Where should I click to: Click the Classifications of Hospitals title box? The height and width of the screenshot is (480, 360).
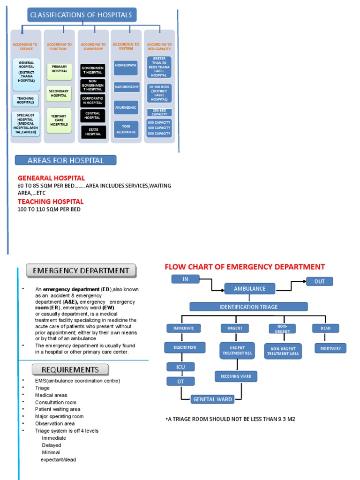[81, 15]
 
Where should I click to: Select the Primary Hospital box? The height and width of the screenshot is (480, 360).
[60, 69]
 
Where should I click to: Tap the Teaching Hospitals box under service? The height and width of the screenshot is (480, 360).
[25, 100]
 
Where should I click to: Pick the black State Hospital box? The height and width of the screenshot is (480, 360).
[93, 132]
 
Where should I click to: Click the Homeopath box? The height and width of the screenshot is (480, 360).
[126, 66]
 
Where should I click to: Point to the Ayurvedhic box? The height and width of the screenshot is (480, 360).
[126, 107]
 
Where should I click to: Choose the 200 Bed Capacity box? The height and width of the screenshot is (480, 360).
[159, 112]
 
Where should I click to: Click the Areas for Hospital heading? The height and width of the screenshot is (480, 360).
[66, 160]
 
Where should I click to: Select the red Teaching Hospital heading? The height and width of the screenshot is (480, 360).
[51, 202]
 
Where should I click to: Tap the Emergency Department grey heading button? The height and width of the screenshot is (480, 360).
[81, 270]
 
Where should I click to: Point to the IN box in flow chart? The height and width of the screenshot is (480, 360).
[186, 279]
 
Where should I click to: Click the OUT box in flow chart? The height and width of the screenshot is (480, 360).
[319, 281]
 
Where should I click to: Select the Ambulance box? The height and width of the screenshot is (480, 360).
[249, 289]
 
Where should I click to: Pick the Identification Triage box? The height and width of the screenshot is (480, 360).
[248, 307]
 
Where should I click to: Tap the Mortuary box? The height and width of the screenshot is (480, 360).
[330, 348]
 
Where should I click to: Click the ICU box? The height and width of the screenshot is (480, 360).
[180, 367]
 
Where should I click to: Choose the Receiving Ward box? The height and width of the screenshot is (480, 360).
[236, 376]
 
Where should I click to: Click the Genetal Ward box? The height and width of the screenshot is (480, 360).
[212, 399]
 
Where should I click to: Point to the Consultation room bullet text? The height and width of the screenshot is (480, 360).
[56, 402]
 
